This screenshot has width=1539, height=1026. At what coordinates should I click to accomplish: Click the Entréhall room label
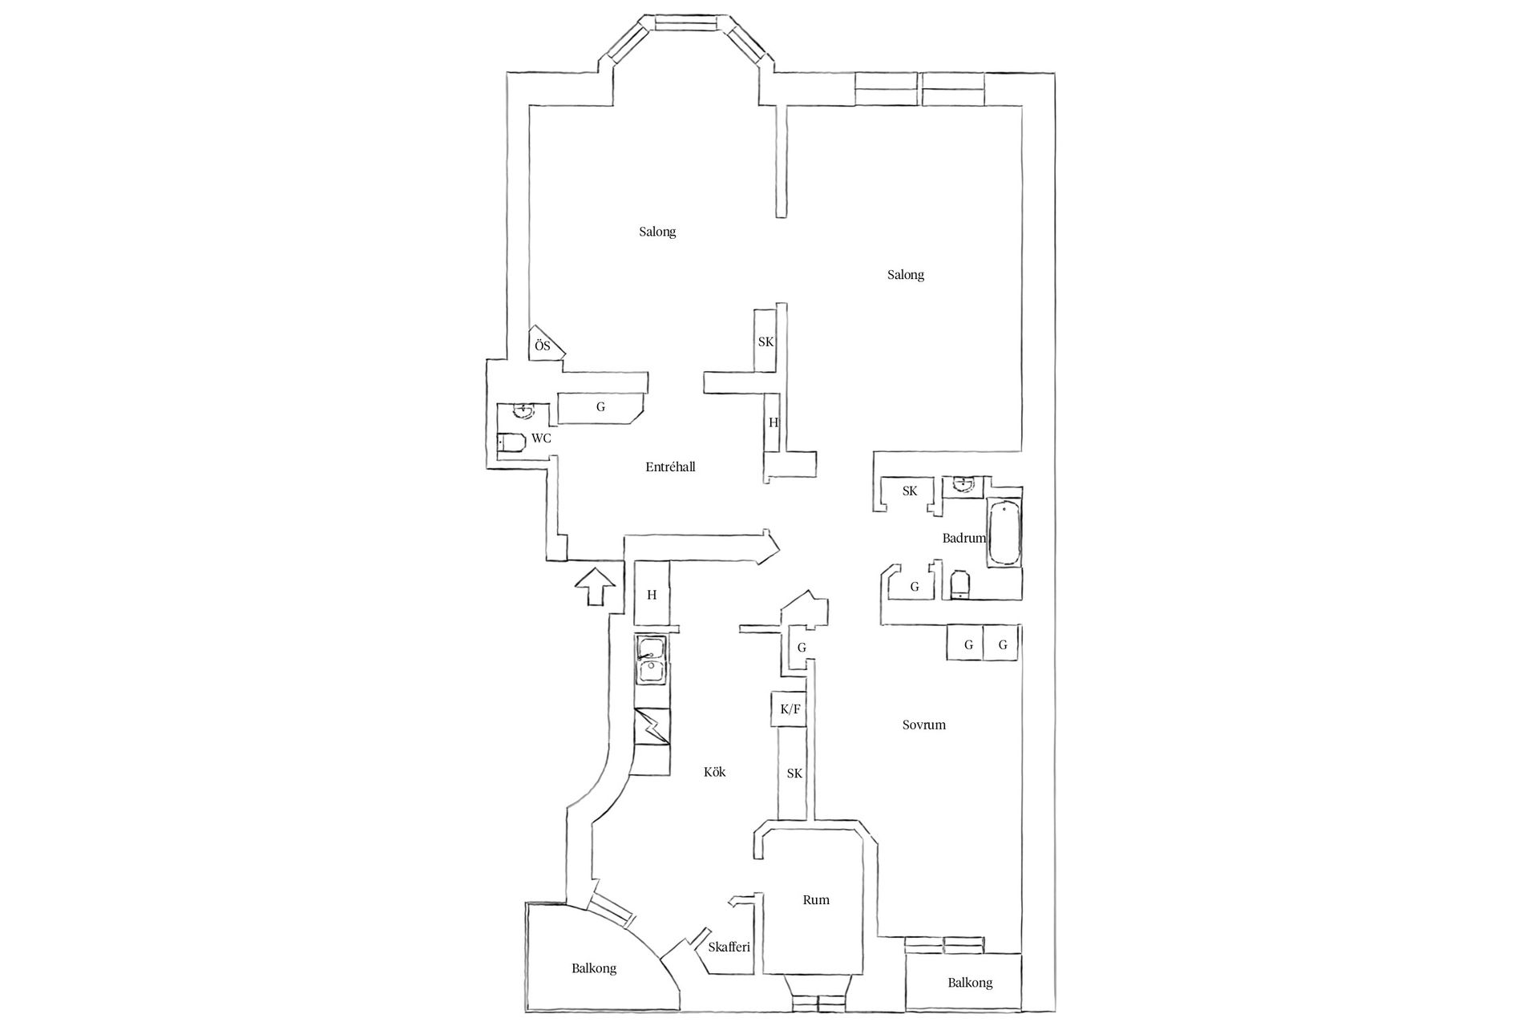pos(670,467)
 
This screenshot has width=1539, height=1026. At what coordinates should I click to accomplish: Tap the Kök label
pos(714,772)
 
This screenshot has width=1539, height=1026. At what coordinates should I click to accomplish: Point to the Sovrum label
pos(923,725)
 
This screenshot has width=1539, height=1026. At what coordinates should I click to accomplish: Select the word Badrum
pos(963,538)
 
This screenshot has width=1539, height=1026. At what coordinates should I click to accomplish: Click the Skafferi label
pos(729,947)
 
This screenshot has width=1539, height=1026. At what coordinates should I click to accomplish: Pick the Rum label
pos(816,900)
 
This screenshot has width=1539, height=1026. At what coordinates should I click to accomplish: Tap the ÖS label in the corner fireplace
pos(543,346)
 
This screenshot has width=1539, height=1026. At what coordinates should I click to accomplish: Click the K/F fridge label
pos(790,709)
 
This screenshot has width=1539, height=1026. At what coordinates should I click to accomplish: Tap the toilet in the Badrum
pos(959,585)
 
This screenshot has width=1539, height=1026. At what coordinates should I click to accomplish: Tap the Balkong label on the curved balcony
pos(594,968)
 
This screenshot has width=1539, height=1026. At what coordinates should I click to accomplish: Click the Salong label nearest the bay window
pos(657,232)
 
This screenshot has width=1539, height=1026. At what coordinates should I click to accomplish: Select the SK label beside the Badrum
pos(909,491)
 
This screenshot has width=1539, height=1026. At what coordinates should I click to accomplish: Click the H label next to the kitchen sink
pos(652,595)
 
